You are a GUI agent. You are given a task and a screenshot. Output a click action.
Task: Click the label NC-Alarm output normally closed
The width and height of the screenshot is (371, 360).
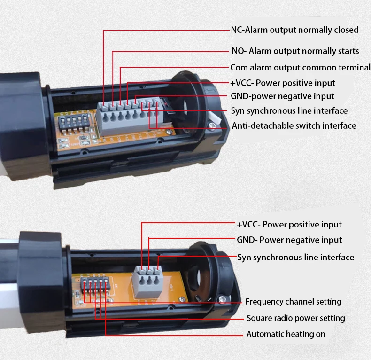[294, 30]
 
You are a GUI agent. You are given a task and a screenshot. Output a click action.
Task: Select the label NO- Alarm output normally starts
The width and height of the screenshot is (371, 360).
[295, 51]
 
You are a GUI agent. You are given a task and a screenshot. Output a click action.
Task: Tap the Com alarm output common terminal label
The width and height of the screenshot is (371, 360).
[300, 67]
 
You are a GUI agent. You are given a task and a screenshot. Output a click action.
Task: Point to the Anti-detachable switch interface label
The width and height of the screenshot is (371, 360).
[294, 125]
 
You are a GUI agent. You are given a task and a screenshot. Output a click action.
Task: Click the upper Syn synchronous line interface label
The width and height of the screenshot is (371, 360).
[289, 111]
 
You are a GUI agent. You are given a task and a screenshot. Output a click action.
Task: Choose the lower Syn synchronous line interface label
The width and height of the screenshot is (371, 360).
[295, 257]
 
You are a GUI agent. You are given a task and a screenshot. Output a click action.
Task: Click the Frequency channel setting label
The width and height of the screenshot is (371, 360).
[293, 301]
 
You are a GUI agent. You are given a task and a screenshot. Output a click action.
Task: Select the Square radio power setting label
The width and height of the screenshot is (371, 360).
[295, 318]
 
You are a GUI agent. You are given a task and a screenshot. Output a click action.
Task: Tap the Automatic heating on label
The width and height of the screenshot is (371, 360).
[286, 334]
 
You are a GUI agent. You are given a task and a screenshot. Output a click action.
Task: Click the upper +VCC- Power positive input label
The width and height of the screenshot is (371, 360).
[283, 83]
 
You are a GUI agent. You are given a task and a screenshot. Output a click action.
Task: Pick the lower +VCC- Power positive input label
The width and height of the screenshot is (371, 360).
[289, 224]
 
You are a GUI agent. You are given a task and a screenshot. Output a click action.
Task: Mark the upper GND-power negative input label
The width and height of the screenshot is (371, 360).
[282, 96]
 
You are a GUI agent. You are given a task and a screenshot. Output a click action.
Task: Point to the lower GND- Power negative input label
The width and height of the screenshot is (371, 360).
[289, 240]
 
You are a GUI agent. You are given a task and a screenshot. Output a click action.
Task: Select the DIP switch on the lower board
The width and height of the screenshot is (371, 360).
[92, 284]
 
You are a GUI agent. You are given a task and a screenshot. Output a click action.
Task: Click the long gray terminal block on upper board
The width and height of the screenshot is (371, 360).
[131, 111]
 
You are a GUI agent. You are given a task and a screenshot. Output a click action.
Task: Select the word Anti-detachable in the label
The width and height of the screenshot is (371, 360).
[258, 125]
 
